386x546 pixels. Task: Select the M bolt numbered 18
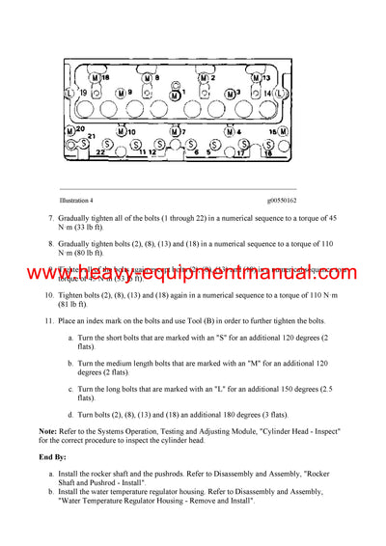(x=279, y=130)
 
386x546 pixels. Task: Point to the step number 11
(x=51, y=318)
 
